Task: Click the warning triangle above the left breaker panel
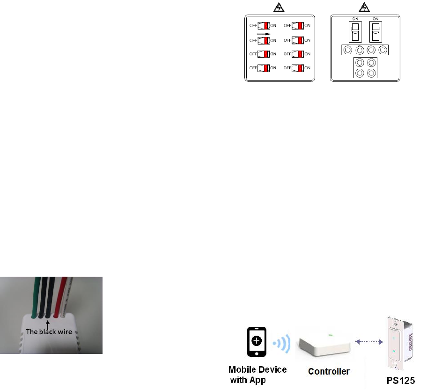[x=280, y=7]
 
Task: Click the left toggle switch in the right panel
[x=355, y=33]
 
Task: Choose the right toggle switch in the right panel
[x=375, y=33]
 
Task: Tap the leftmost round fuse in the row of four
[x=347, y=50]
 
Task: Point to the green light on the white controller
[x=331, y=335]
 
